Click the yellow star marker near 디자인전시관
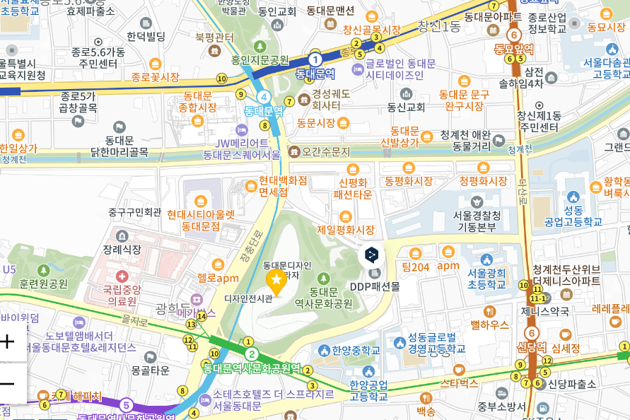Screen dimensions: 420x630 click(275, 283)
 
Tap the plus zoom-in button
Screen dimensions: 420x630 click(8, 342)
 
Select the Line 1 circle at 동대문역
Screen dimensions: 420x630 click(315, 59)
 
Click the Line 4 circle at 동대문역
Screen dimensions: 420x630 click(264, 97)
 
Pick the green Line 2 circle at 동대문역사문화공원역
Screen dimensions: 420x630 click(251, 354)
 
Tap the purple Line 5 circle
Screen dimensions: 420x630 click(126, 405)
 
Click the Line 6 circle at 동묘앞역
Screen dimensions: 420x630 click(514, 35)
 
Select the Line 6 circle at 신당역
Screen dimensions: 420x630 click(531, 333)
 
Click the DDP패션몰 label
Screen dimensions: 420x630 click(374, 286)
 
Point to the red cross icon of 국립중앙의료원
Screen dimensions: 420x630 click(122, 275)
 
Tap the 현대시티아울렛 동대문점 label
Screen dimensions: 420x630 click(201, 220)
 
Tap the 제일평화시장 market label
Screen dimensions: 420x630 click(345, 230)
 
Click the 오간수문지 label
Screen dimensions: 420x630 click(325, 151)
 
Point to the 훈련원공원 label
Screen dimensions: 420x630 click(44, 284)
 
